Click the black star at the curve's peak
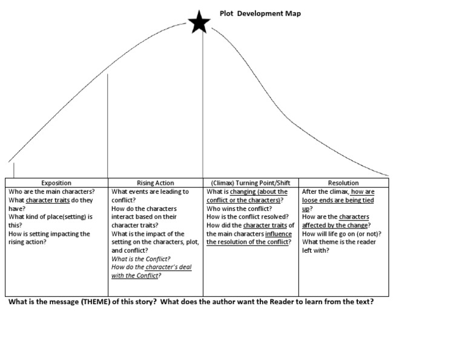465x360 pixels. coord(199,24)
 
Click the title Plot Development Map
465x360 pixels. coord(260,13)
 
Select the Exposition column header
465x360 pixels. coord(56,183)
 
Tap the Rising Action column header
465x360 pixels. coord(155,183)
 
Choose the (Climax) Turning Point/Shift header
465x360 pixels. coord(251,183)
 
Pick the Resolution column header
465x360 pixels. coord(343,183)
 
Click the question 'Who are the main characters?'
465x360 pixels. coord(51,192)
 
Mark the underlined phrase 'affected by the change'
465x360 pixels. coord(335,225)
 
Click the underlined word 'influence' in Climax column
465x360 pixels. coord(278,234)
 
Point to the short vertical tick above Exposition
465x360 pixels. coord(13,169)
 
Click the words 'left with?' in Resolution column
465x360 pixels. coord(315,250)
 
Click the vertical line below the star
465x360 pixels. coord(203,109)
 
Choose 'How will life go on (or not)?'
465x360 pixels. coord(341,234)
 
